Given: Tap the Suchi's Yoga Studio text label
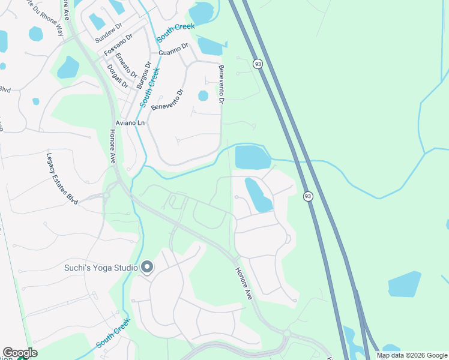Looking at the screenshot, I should pos(101,268).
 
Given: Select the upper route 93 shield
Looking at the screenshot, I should pos(258,64).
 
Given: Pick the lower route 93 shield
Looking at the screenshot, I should pos(308,196).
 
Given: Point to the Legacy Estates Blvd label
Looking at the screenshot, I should pos(62,178).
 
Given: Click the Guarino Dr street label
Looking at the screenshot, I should pos(174,49).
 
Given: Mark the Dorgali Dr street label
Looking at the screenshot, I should pos(117,76).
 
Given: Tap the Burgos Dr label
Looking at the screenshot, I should pos(143,74).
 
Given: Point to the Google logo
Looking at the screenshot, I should pos(20,353).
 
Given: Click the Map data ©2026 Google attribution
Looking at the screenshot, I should pos(412,355).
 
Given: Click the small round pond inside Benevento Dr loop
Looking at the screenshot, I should pos(203,95).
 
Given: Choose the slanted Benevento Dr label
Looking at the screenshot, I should pos(167,99).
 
